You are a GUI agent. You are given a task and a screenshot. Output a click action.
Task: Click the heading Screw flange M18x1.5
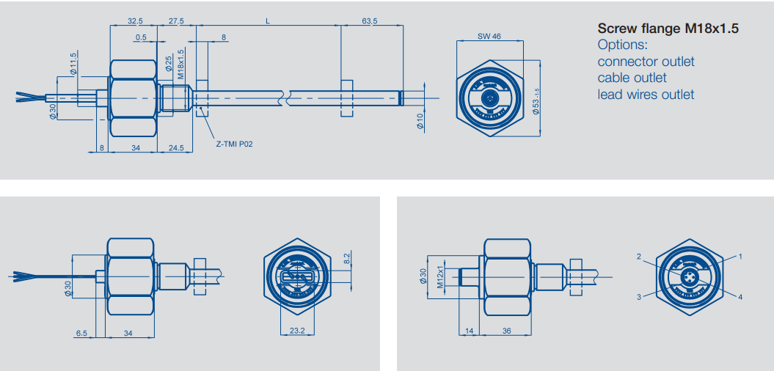click(668, 29)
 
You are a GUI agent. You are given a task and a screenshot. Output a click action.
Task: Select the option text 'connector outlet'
click(646, 62)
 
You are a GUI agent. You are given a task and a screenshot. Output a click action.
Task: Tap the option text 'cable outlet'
click(632, 78)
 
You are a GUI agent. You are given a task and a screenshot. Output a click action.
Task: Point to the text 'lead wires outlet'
click(646, 94)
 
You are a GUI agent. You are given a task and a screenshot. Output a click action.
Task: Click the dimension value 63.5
click(370, 21)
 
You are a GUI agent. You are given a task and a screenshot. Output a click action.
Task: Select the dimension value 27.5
click(176, 21)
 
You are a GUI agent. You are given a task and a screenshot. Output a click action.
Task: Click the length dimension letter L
click(268, 21)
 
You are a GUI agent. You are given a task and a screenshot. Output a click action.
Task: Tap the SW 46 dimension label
click(489, 36)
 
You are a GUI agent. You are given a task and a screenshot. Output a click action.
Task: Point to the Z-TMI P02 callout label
click(234, 144)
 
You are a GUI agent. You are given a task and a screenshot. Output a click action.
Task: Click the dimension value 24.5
click(176, 148)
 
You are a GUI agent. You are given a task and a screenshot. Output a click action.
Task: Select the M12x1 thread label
click(441, 276)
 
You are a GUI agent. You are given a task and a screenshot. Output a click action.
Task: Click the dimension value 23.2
click(297, 331)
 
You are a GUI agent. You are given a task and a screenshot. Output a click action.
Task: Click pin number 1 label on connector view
click(740, 257)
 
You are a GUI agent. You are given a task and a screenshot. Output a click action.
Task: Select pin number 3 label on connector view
click(639, 297)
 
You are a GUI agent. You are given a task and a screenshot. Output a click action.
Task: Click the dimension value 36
click(506, 331)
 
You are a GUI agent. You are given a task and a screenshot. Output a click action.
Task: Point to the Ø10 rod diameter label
click(420, 122)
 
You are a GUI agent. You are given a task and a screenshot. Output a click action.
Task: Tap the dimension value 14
click(470, 331)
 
